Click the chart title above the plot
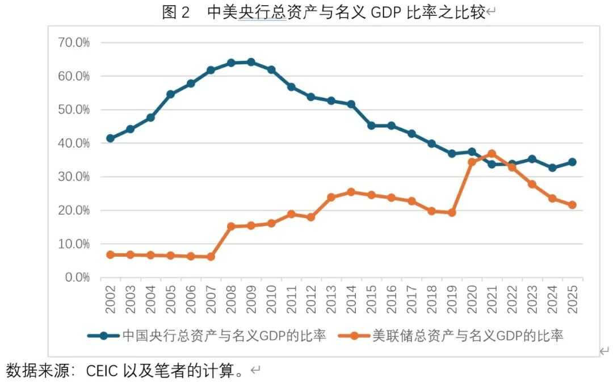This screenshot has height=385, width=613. pos(323,12)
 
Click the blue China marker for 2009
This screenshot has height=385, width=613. pos(250,62)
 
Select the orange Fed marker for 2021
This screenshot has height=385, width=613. pos(492,154)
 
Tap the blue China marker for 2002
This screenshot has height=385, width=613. pos(110,138)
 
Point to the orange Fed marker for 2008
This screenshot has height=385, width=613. pos(230,226)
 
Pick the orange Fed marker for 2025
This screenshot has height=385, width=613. pos(572,205)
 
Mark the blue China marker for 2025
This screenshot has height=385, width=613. pos(572,162)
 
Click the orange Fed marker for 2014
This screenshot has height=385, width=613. pos(351,192)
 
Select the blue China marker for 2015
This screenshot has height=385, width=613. pos(371,125)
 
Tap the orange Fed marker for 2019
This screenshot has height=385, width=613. pos(451,212)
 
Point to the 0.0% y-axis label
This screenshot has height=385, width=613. pos(77,278)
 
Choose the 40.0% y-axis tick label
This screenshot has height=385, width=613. pos(74,143)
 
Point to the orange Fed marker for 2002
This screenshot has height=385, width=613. pos(110,254)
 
